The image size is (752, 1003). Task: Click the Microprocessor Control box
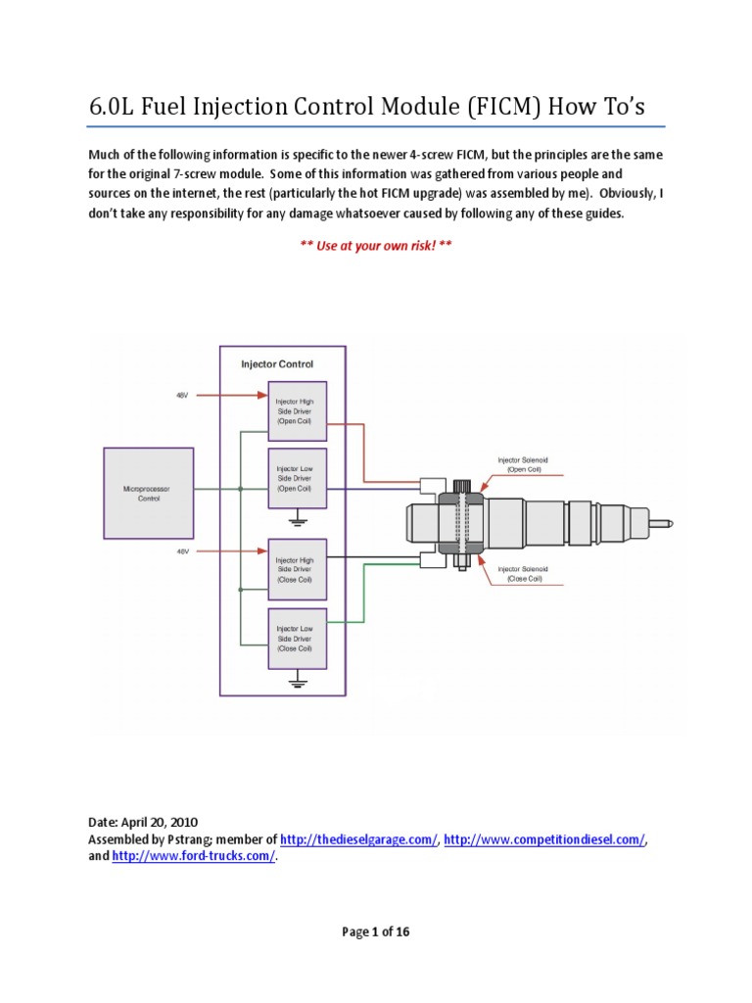(142, 493)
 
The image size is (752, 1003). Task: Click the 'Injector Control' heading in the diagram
(277, 363)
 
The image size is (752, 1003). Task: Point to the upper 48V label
(182, 396)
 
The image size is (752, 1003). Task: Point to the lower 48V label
(182, 551)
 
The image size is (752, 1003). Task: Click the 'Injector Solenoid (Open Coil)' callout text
(524, 463)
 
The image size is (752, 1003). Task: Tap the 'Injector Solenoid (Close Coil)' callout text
(524, 573)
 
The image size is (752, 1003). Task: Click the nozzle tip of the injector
(668, 520)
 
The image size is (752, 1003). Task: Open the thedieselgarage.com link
(359, 840)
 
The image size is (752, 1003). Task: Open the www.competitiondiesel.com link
(545, 840)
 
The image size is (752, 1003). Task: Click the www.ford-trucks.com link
(195, 856)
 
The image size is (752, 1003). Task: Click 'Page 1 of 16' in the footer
(375, 932)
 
